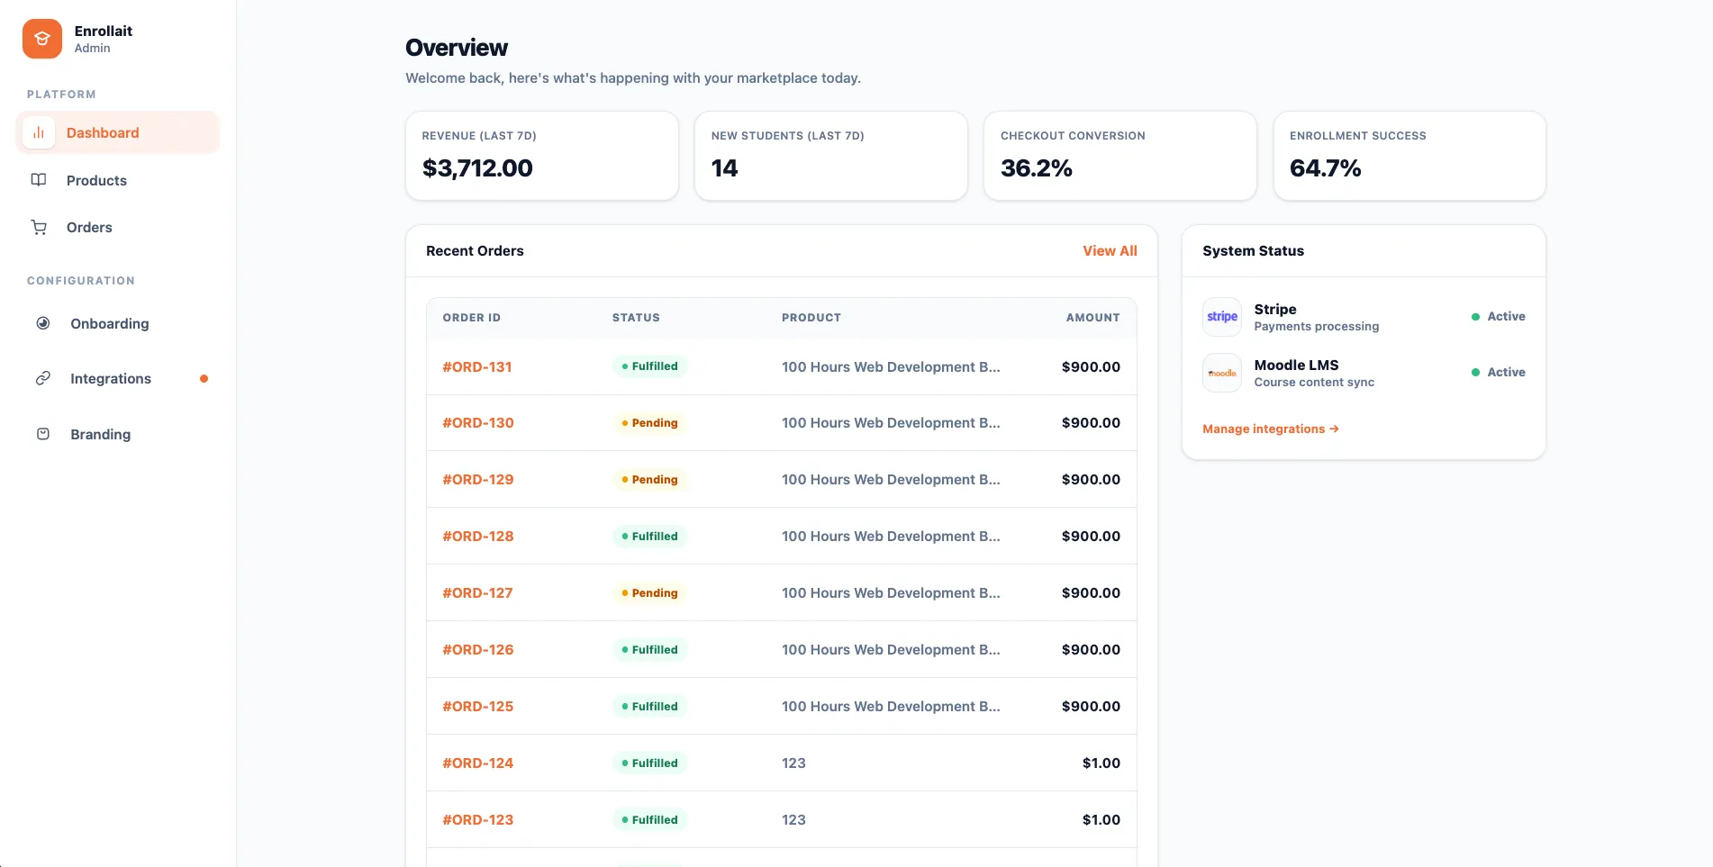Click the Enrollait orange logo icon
(x=42, y=39)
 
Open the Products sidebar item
(x=96, y=180)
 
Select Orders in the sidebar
(x=89, y=227)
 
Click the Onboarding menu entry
(x=109, y=323)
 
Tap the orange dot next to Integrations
(x=204, y=378)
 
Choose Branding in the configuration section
(x=100, y=434)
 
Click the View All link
(x=1109, y=250)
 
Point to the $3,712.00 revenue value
(x=477, y=168)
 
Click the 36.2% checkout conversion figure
(x=1036, y=168)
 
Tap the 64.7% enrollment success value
(x=1325, y=168)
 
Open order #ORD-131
(x=477, y=366)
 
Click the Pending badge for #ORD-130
(x=649, y=423)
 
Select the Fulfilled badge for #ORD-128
(x=649, y=536)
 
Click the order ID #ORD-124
(x=477, y=763)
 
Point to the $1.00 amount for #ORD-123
(x=1101, y=819)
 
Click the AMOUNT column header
(x=1092, y=318)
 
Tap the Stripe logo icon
(x=1221, y=317)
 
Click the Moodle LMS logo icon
(x=1221, y=373)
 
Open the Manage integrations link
(x=1270, y=429)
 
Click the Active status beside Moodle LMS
(x=1505, y=372)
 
